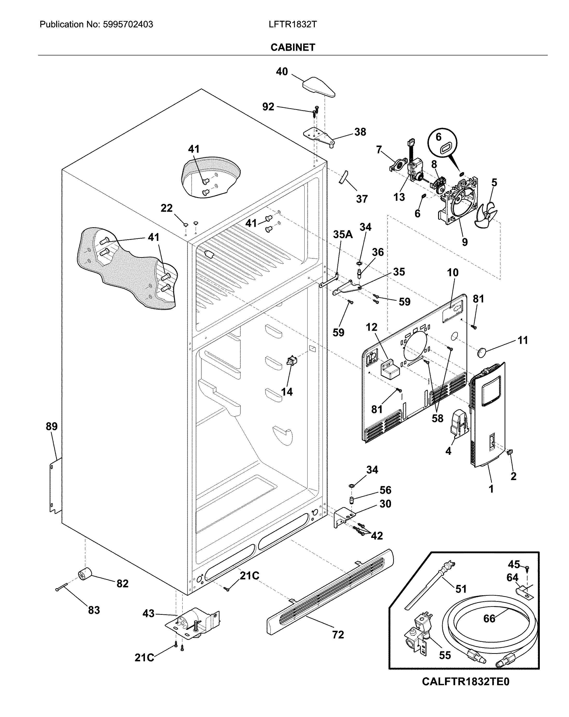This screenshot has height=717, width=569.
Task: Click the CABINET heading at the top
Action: point(293,47)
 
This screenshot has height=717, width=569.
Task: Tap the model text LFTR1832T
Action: point(293,24)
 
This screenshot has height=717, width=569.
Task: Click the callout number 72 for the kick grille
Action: point(338,635)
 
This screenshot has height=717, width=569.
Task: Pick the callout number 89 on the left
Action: point(52,426)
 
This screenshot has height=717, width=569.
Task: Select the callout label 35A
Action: point(343,235)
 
